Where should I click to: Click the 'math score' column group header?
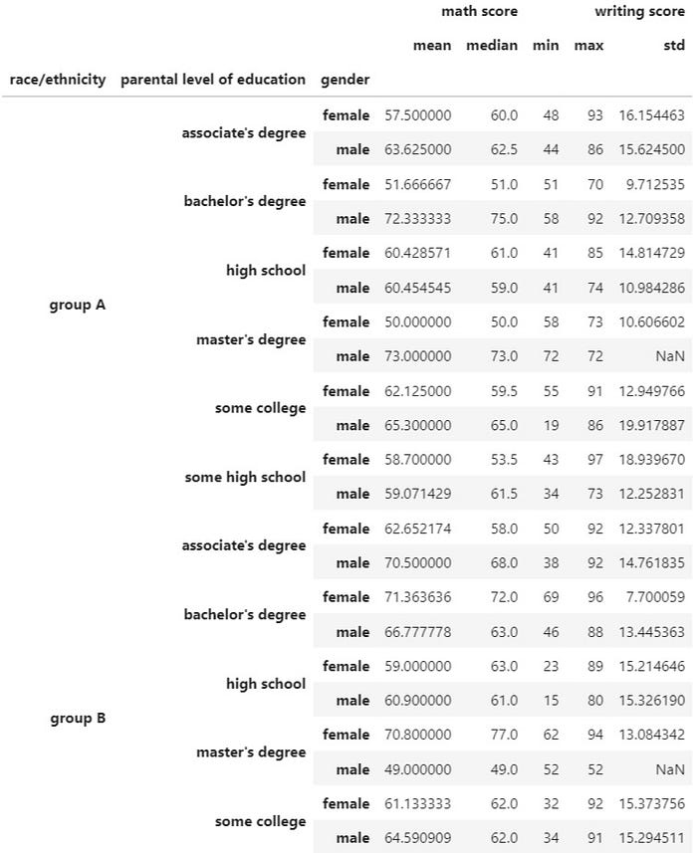pos(479,12)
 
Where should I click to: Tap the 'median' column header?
pos(492,46)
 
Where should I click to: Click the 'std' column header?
pos(674,46)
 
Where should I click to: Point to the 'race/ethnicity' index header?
pos(57,80)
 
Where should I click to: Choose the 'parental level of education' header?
pos(213,80)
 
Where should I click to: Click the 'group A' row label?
pos(78,305)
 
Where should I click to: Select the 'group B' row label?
pos(78,718)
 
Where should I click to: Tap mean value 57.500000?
pos(418,115)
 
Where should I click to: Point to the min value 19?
pos(551,425)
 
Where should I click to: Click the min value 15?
pos(551,701)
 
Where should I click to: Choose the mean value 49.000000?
pos(418,769)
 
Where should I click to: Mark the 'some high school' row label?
pos(245,477)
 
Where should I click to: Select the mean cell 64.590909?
pos(418,838)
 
